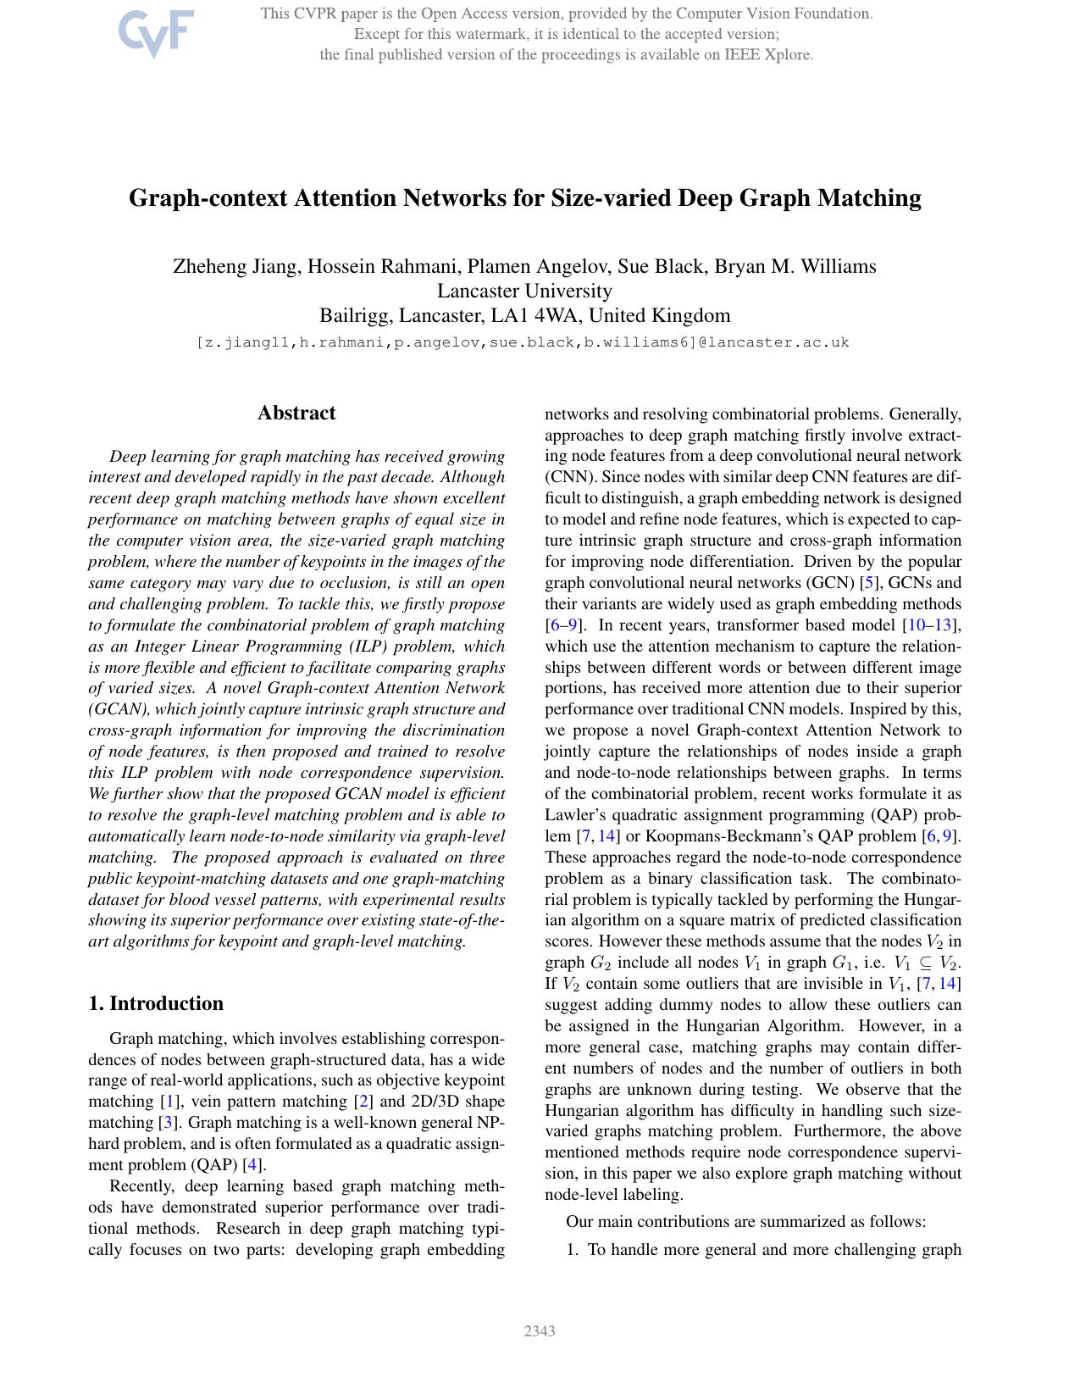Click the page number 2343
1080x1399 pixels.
click(540, 1331)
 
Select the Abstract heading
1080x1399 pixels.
click(296, 413)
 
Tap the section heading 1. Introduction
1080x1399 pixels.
click(156, 1003)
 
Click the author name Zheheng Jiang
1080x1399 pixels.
click(235, 266)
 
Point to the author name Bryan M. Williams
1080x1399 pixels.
click(795, 266)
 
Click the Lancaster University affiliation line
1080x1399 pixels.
click(524, 291)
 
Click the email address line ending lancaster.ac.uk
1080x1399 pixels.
click(523, 342)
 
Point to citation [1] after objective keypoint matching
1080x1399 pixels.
click(170, 1102)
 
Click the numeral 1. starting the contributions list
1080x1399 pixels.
click(573, 1250)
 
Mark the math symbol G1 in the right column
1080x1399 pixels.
click(842, 963)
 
